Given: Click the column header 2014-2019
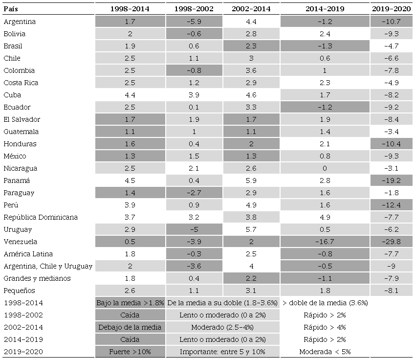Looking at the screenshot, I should coord(325,9).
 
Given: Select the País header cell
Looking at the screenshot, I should coord(11,9).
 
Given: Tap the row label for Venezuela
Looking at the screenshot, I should coord(20,242).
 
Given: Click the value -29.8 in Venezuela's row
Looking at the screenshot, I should coord(392,242).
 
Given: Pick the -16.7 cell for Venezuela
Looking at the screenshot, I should coord(325,242).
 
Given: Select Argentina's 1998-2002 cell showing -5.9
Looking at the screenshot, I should coord(195,22).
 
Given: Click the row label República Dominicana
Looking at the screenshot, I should coord(41,217).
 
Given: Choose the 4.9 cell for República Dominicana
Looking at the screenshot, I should coord(325,217).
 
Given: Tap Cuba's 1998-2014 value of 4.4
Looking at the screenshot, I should coord(130,95).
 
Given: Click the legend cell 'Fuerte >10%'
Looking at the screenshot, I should coord(130,352).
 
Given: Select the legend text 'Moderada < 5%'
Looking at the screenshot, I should coord(325,352).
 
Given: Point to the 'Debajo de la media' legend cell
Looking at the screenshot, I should coord(130,327).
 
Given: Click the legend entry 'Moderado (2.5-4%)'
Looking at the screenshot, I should coord(222,327).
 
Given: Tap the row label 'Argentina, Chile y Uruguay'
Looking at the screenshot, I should coord(48,266).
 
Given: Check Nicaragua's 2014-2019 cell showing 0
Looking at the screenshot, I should coord(325,168).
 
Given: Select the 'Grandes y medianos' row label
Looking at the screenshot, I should coord(37,278).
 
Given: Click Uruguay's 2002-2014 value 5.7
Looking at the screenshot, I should coord(252,229).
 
